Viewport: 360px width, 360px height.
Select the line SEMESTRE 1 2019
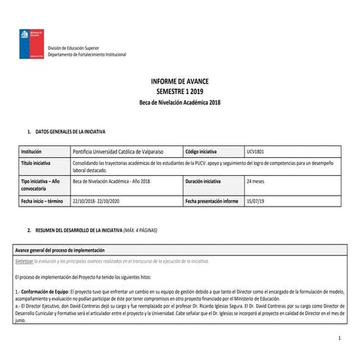click(x=179, y=93)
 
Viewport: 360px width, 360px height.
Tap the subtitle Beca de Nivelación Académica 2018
click(x=179, y=103)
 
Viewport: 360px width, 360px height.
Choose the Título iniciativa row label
click(x=36, y=164)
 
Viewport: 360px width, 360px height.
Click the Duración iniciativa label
click(x=207, y=180)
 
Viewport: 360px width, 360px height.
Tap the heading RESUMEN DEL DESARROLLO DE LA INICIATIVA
click(x=83, y=230)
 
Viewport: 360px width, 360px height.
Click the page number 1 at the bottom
click(x=339, y=340)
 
